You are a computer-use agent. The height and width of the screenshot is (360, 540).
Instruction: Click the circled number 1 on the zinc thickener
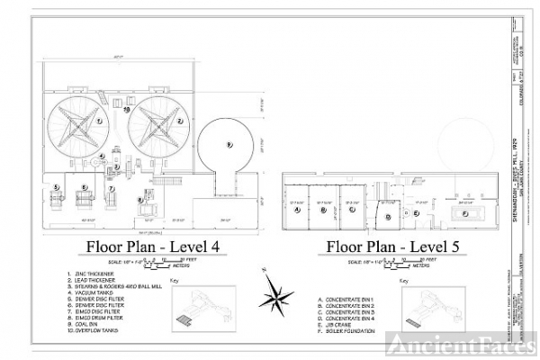[99, 119]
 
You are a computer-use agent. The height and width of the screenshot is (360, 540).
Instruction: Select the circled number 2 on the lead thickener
[180, 119]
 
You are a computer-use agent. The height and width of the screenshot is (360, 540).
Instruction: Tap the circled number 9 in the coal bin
[229, 144]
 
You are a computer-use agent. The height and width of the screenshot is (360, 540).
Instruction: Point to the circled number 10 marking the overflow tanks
[128, 109]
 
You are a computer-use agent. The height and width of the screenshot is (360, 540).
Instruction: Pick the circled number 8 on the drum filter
[140, 200]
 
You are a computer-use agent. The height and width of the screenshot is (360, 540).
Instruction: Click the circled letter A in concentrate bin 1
[297, 209]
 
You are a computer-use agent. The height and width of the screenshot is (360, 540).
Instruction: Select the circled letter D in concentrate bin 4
[387, 216]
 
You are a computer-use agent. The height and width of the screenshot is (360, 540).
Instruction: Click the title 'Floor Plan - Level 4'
[153, 247]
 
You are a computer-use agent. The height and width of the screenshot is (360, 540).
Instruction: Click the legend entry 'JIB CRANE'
[342, 324]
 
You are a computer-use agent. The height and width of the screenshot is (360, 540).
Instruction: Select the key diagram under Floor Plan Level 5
[439, 312]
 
